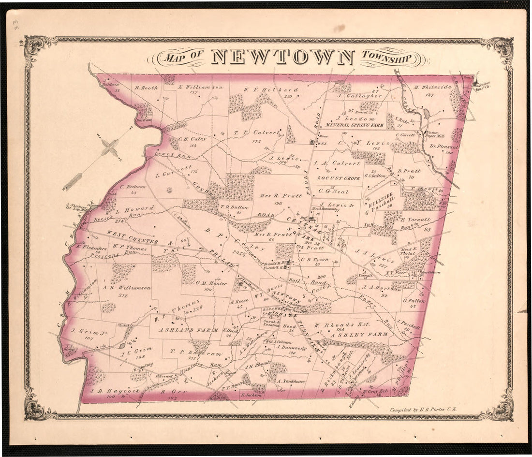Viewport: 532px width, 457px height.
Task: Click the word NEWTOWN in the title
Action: pyautogui.click(x=283, y=57)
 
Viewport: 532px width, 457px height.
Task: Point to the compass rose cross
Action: pyautogui.click(x=111, y=147)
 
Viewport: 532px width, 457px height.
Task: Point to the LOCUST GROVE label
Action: pyautogui.click(x=339, y=178)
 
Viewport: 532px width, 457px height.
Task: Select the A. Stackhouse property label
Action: pyautogui.click(x=292, y=382)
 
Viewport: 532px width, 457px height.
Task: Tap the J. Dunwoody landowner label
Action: pyautogui.click(x=292, y=347)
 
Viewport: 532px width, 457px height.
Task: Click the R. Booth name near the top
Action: pyautogui.click(x=146, y=88)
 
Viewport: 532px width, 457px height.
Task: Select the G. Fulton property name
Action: pyautogui.click(x=414, y=300)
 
